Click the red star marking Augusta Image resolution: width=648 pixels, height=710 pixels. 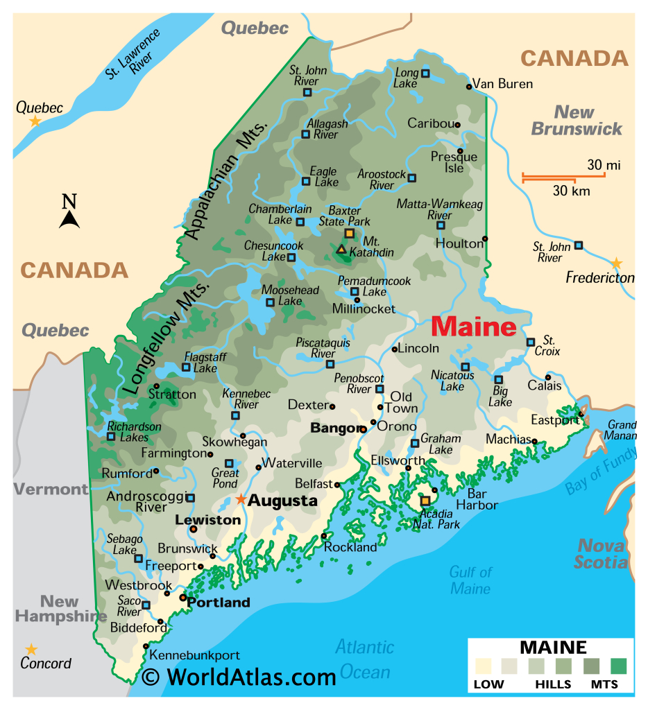coord(240,499)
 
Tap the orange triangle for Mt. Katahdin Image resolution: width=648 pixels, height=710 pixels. coord(341,248)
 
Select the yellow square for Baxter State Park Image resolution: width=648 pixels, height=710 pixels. coord(349,234)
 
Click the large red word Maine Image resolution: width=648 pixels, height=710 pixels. coord(474,327)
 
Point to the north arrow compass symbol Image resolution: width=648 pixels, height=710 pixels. coord(69,212)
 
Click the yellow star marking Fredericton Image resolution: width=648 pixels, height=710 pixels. coord(616,263)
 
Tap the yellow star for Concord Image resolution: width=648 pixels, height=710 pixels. coord(31,649)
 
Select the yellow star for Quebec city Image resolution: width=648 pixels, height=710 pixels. coord(35,121)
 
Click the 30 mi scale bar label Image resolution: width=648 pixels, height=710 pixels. coord(603,165)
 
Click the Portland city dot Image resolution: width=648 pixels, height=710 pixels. coord(182,597)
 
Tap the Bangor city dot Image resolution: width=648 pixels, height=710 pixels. coord(362,429)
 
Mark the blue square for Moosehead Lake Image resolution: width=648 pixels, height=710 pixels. coord(270,302)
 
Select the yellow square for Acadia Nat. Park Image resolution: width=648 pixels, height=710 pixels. coord(425,501)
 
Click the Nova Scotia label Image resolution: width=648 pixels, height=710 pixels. coord(601,553)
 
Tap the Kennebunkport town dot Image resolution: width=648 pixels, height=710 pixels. coord(146,646)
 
